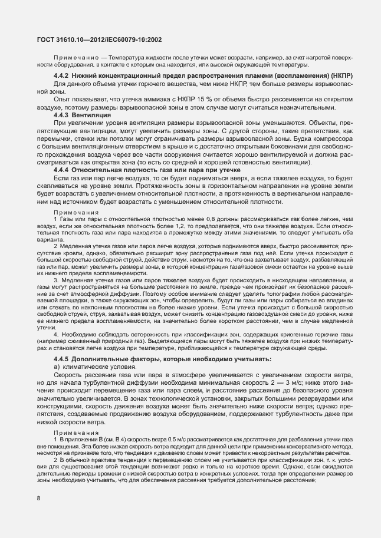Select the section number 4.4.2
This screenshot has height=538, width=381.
61,76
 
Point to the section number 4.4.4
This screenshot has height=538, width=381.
61,170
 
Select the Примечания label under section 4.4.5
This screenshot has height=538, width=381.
76,433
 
